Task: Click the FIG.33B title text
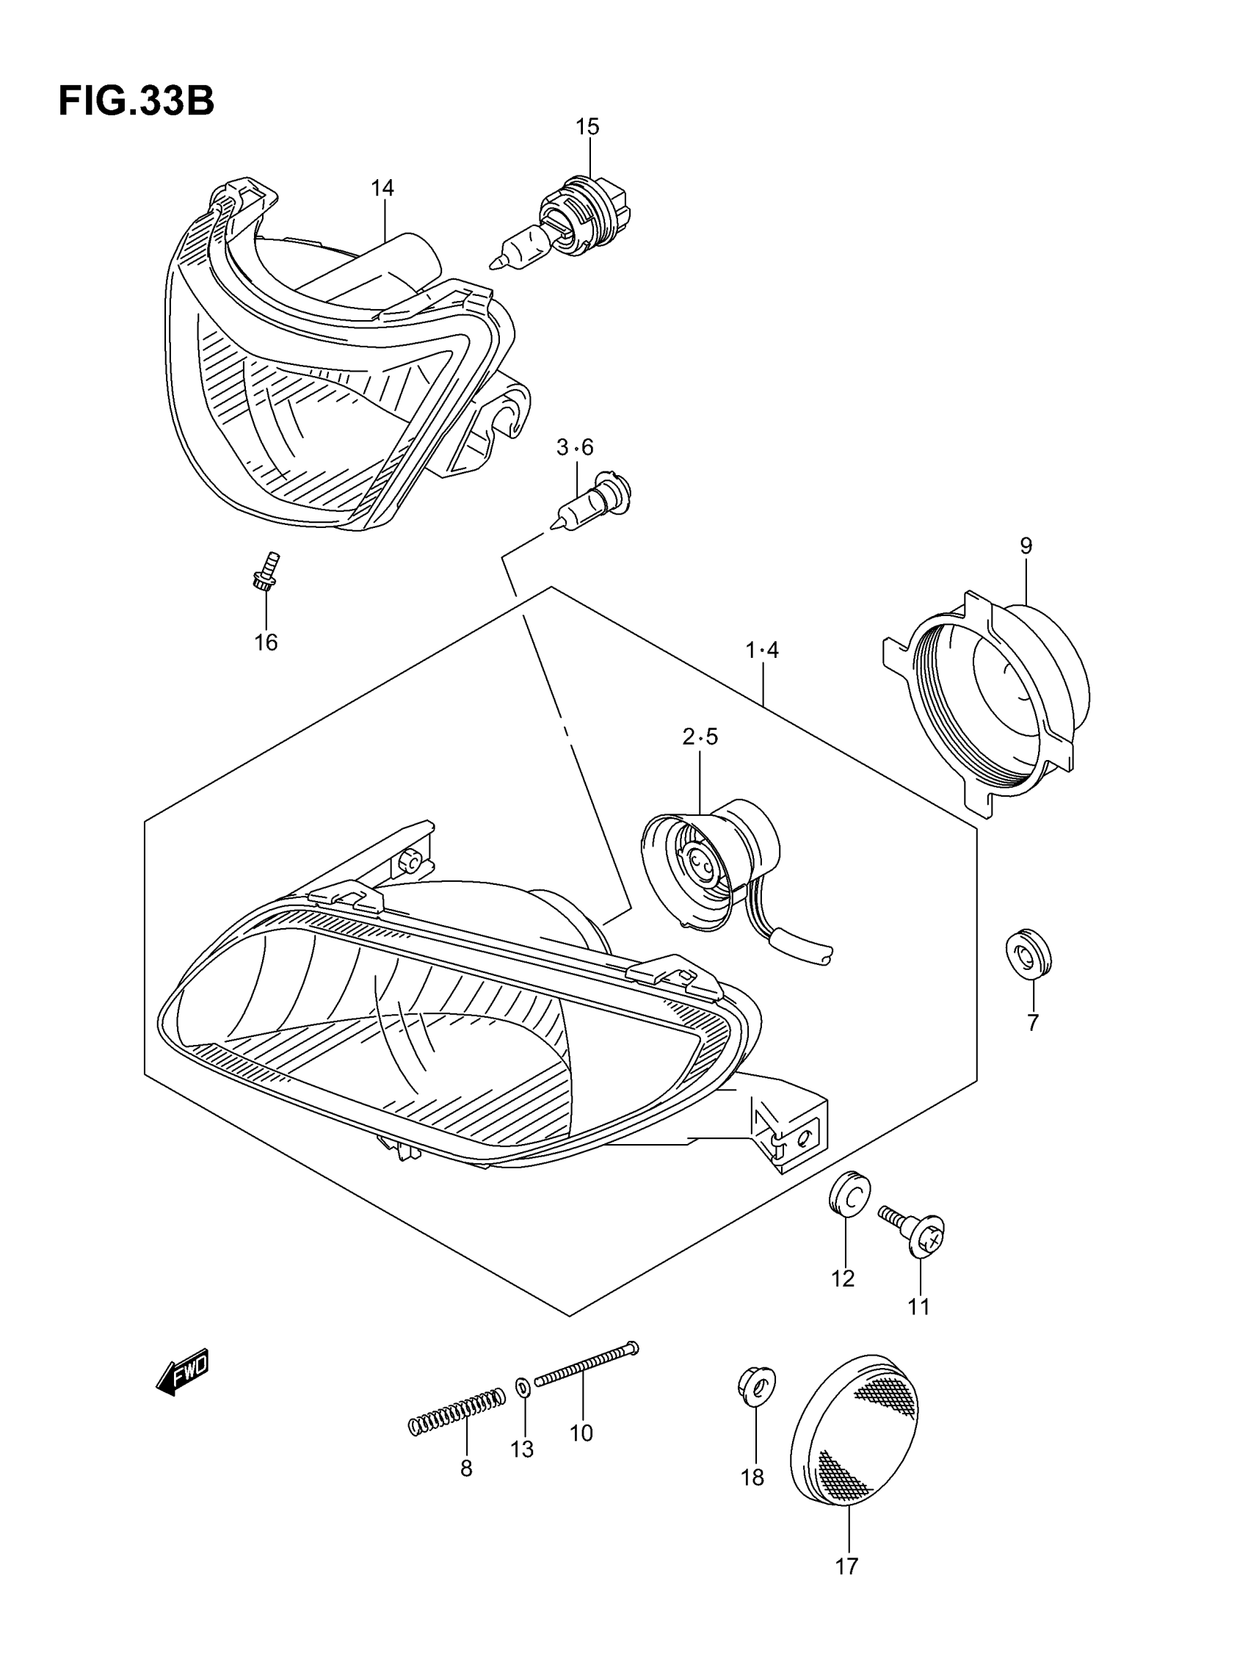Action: [136, 101]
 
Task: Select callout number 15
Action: [587, 127]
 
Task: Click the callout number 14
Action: [382, 188]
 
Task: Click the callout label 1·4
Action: [762, 651]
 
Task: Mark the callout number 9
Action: [1026, 546]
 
